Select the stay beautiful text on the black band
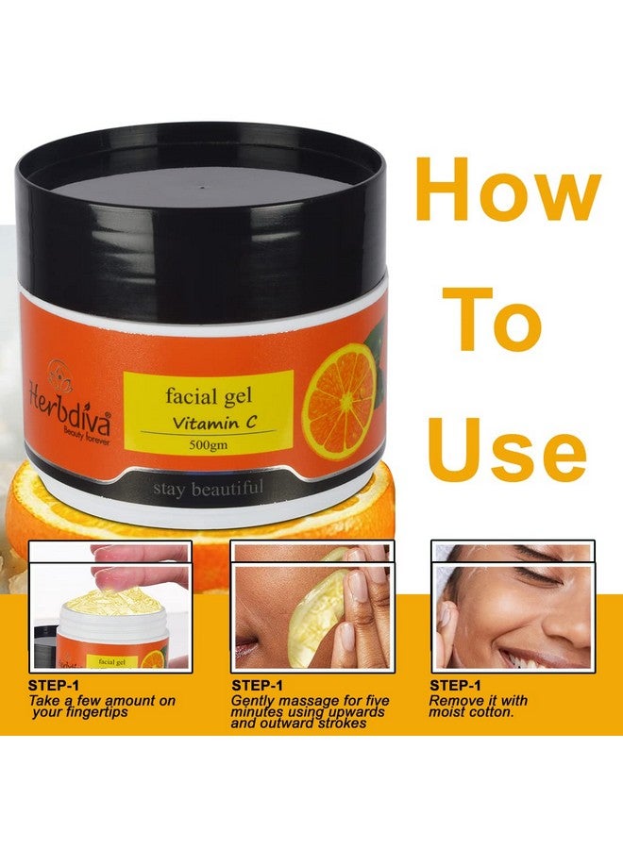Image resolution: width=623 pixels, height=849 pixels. [209, 488]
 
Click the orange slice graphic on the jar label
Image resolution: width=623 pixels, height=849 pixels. [341, 401]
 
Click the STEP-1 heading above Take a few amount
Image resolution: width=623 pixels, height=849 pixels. [54, 686]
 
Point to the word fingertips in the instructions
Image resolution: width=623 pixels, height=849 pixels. [93, 712]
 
